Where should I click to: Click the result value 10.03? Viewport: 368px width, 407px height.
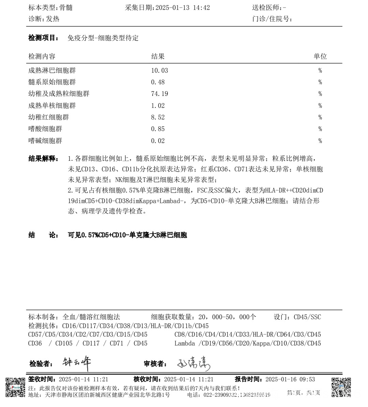point(160,71)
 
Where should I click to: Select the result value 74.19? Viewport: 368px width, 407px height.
point(160,94)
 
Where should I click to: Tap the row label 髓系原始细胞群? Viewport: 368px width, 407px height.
point(52,82)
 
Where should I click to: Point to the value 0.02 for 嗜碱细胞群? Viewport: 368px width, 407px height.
point(158,141)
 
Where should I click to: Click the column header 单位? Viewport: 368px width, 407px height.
point(320,57)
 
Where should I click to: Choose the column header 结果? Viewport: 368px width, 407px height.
point(158,57)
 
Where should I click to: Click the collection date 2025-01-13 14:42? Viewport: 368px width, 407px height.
point(182,8)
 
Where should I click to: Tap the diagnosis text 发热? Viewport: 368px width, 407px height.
point(53,19)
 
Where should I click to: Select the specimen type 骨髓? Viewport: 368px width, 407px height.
point(66,8)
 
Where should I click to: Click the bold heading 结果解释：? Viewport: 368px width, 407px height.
point(44,159)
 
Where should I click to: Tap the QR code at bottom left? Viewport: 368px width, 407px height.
point(15,387)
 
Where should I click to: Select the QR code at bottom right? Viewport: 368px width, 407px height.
point(341,387)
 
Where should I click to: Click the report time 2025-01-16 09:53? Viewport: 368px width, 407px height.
point(290,379)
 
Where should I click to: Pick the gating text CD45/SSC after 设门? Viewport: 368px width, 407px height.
point(307,317)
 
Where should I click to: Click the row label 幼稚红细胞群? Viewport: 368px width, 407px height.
point(48,117)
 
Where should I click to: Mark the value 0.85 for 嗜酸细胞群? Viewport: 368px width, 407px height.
point(158,129)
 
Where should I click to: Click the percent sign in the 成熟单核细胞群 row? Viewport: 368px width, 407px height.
point(320,106)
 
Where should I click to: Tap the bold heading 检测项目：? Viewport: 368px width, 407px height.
point(44,38)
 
